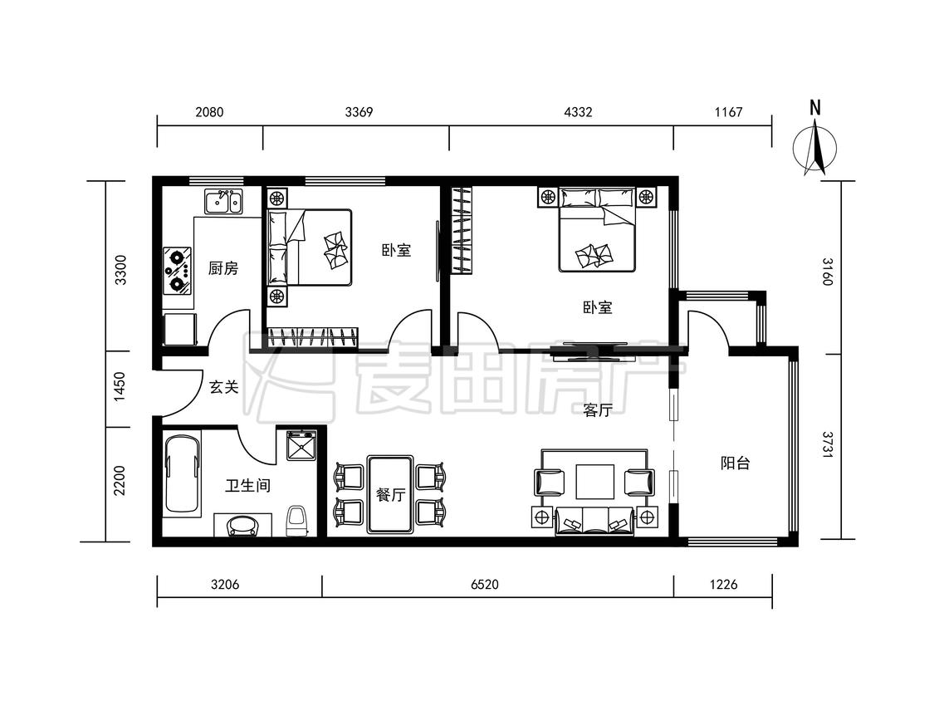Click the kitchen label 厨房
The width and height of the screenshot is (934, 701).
(x=223, y=268)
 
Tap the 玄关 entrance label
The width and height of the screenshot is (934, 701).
(x=224, y=387)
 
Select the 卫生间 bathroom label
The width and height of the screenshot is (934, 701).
(x=247, y=486)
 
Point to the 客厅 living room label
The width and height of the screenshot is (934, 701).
(x=598, y=410)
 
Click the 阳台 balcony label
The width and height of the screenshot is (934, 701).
(x=735, y=463)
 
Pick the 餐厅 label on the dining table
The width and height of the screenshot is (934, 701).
(x=391, y=495)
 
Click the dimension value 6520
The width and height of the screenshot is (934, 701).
(x=484, y=585)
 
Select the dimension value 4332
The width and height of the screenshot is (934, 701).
(x=578, y=112)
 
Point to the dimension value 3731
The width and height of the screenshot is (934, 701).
(x=828, y=444)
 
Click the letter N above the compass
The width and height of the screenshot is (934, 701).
(x=815, y=108)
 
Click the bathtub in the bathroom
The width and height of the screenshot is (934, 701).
(x=183, y=474)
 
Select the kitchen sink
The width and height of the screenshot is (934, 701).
(x=223, y=202)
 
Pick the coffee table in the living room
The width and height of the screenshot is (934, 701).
(x=595, y=481)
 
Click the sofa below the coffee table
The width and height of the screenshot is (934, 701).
(x=594, y=521)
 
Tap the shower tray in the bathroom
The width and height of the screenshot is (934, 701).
(x=302, y=445)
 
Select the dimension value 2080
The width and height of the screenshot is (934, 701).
(x=209, y=112)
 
